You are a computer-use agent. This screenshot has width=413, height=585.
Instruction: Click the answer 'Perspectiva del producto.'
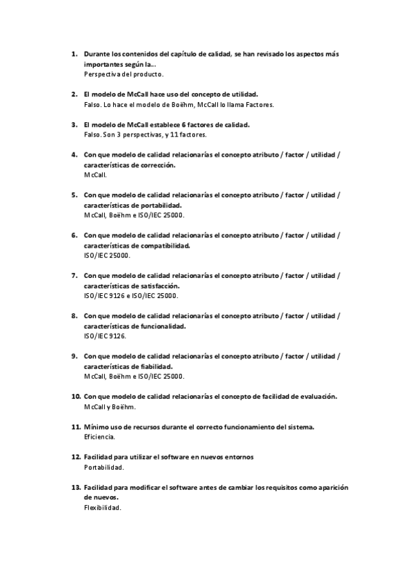coord(123,73)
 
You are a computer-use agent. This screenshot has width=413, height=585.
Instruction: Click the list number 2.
coord(74,93)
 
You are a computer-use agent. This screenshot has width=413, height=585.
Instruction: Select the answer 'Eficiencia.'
coord(100,437)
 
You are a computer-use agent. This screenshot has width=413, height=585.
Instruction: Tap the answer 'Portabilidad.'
coord(104,467)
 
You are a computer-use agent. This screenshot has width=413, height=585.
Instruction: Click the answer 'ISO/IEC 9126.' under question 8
coord(105,336)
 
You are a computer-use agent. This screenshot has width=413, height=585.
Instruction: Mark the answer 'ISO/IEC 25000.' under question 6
coord(107,255)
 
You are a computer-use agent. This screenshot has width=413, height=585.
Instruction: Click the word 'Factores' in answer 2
coord(256,104)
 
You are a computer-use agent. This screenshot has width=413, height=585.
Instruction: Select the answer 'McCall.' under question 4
coord(95,175)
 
